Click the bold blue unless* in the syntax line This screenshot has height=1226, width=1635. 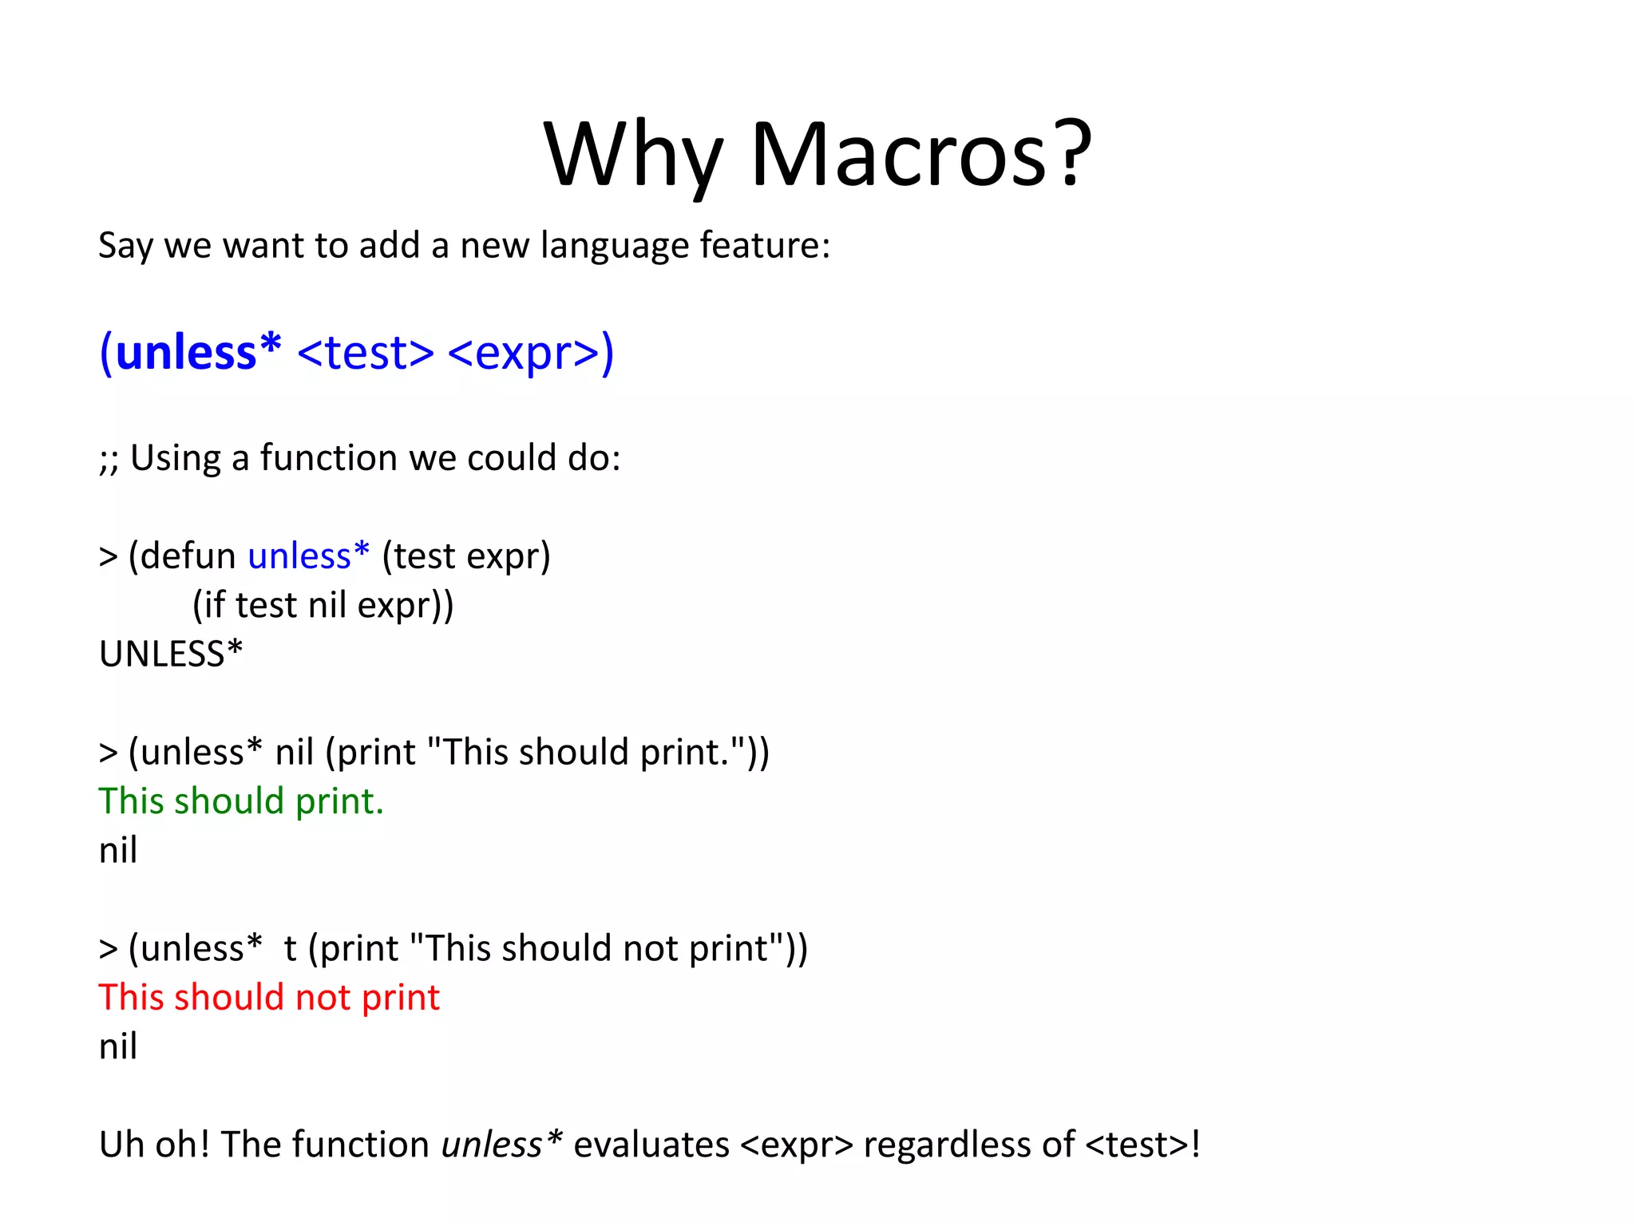coord(197,352)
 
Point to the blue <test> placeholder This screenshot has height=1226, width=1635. coord(366,352)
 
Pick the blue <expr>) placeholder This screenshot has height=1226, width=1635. coord(531,352)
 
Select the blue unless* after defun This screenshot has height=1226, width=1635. coord(308,556)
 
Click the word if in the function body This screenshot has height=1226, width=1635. coord(214,605)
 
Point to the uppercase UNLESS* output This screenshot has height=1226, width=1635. coord(170,655)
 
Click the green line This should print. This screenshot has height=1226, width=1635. coord(241,801)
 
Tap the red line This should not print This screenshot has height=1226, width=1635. coord(269,998)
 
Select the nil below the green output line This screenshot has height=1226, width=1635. coord(118,850)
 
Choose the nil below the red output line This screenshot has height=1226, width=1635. coord(118,1046)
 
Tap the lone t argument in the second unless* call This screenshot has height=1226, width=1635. coord(290,949)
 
